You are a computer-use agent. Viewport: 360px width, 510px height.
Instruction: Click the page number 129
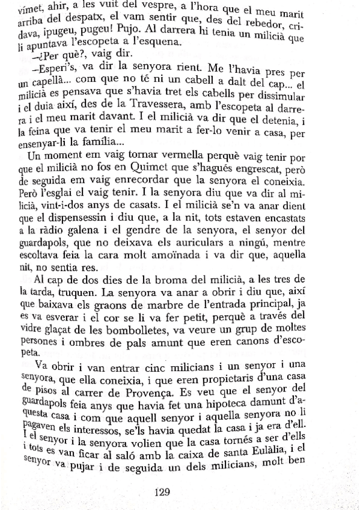click(x=164, y=492)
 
